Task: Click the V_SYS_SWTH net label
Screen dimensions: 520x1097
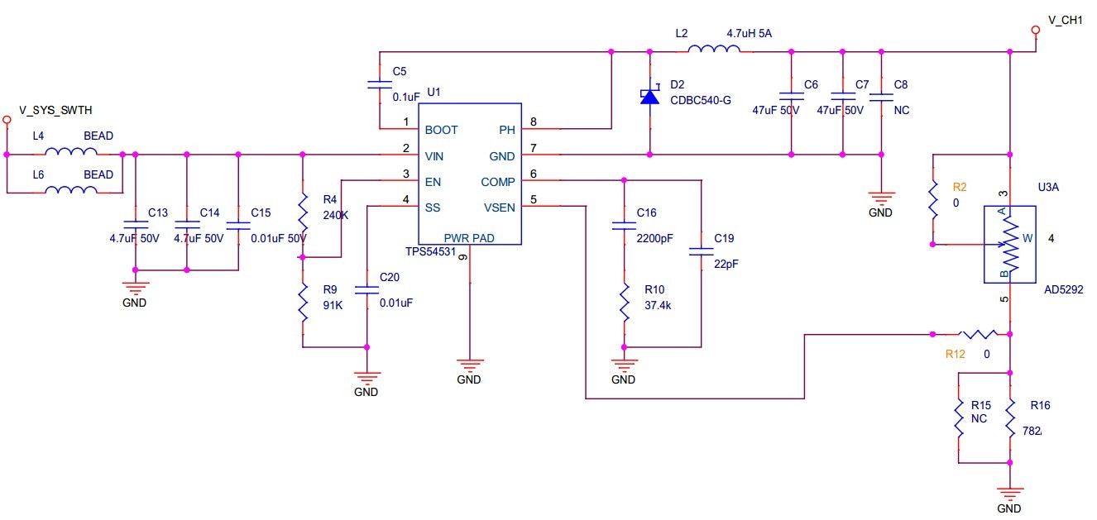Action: click(x=55, y=110)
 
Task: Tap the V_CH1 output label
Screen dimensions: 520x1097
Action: click(x=1065, y=20)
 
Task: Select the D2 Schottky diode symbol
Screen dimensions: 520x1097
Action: click(x=649, y=97)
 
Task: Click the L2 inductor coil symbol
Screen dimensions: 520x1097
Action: click(x=715, y=51)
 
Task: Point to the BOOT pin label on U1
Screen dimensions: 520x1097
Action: click(x=441, y=130)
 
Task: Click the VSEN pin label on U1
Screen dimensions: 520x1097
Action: click(x=499, y=208)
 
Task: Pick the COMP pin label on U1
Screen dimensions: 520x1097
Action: click(x=498, y=182)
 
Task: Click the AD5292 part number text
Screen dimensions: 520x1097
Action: click(x=1063, y=290)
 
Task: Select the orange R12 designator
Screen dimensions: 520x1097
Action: click(x=956, y=354)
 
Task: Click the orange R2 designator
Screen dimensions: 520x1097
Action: click(x=960, y=187)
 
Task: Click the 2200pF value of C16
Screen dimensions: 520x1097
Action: click(x=654, y=238)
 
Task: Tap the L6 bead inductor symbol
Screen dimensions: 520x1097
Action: click(x=70, y=190)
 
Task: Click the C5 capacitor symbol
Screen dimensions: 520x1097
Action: click(x=380, y=84)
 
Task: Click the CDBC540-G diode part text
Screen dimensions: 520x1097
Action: click(x=700, y=101)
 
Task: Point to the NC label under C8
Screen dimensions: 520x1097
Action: click(x=901, y=110)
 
